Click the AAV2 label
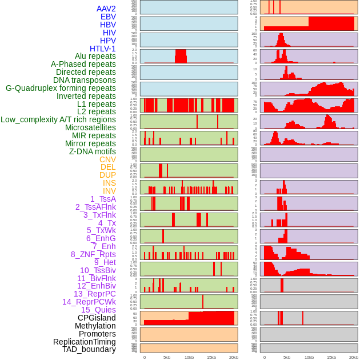tap(106, 9)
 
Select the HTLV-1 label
tap(103, 49)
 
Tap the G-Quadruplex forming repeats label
tap(61, 88)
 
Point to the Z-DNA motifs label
tap(93, 151)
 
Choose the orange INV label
tap(109, 191)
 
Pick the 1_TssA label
tap(103, 199)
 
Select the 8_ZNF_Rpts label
tap(93, 254)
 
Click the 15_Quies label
tap(98, 310)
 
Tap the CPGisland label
tap(97, 318)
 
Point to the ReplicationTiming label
tap(85, 342)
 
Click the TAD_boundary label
tap(89, 349)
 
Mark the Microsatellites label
tap(90, 127)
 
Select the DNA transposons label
tap(85, 80)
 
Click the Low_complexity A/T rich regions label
tap(58, 119)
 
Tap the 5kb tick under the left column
tap(167, 357)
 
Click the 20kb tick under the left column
tap(234, 357)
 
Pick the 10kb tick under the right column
tap(309, 357)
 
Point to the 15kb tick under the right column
tap(331, 357)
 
